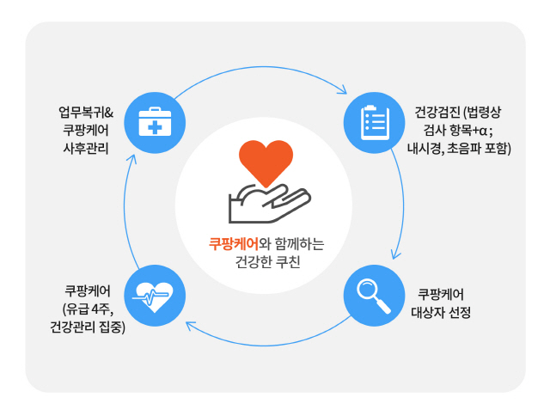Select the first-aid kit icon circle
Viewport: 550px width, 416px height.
pos(155,123)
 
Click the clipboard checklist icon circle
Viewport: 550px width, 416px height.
pos(375,123)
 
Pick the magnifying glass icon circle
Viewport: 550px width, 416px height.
pos(375,296)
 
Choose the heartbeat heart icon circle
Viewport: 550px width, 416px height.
pos(155,296)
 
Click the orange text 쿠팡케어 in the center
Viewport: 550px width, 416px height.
pos(234,243)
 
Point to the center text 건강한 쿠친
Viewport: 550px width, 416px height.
pos(267,261)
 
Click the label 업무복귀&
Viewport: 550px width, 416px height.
pos(86,113)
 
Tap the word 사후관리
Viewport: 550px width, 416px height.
pos(86,149)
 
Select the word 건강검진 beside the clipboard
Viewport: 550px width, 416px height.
pos(437,113)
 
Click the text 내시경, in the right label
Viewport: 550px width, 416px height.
pos(425,149)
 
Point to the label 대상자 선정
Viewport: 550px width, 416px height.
pos(441,312)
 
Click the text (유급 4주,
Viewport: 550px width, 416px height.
pos(88,309)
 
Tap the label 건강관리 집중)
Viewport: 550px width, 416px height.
pos(88,327)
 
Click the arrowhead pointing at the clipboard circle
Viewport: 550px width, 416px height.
pos(342,89)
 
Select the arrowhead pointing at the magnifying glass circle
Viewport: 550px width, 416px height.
pos(395,254)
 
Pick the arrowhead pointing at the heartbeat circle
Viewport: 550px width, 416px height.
pos(190,326)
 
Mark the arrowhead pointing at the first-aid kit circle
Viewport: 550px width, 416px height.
pos(131,159)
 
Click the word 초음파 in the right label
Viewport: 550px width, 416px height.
pos(463,149)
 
